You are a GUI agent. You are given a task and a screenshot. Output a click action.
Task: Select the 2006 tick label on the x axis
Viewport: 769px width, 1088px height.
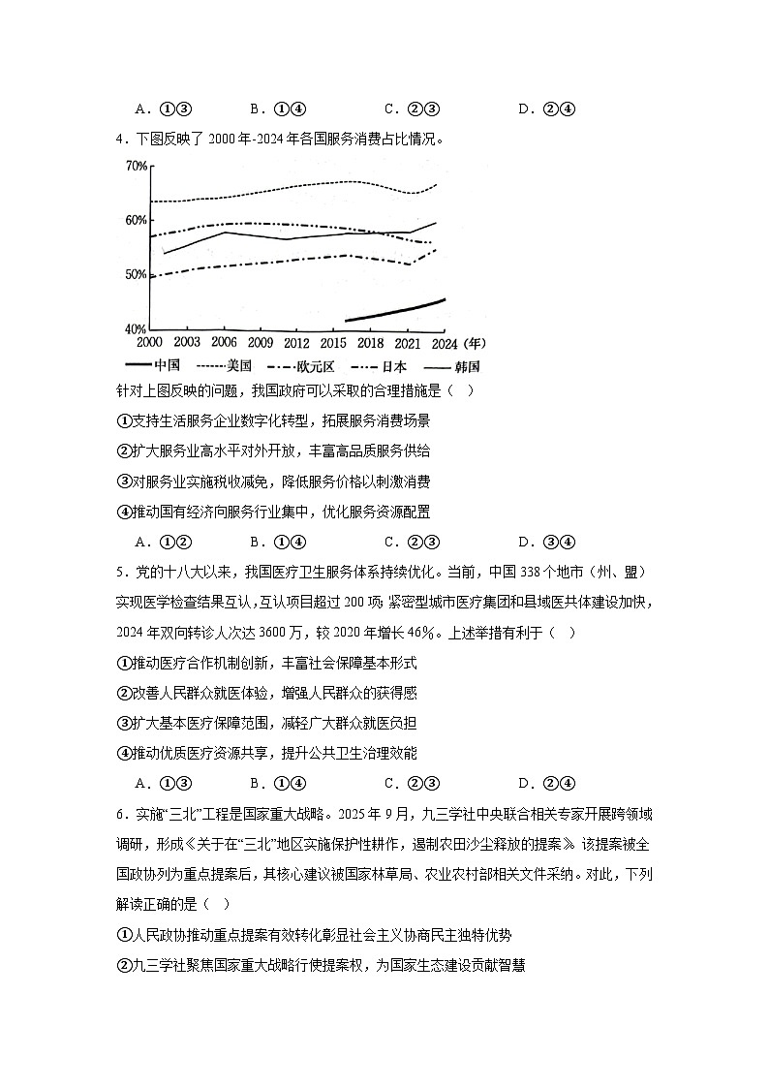(x=224, y=343)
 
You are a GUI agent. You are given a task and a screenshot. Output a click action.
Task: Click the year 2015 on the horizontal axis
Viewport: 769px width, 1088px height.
(x=334, y=343)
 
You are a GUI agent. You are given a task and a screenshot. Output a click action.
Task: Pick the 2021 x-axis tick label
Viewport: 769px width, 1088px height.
(x=408, y=343)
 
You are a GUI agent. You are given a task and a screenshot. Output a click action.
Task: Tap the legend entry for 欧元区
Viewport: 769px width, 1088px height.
(x=317, y=366)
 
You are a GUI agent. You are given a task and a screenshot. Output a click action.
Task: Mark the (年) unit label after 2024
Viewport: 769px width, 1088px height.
(x=475, y=343)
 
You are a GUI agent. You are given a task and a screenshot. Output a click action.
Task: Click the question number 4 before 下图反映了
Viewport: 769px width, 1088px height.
(x=119, y=138)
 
